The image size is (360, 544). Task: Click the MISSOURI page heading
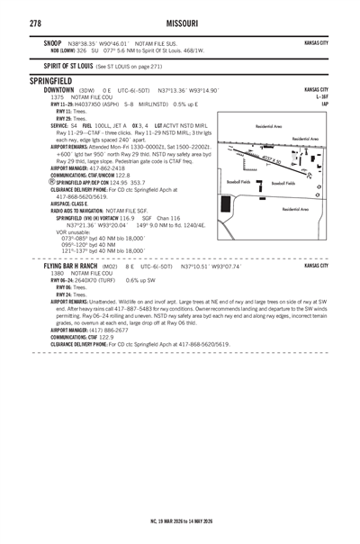tap(180, 22)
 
